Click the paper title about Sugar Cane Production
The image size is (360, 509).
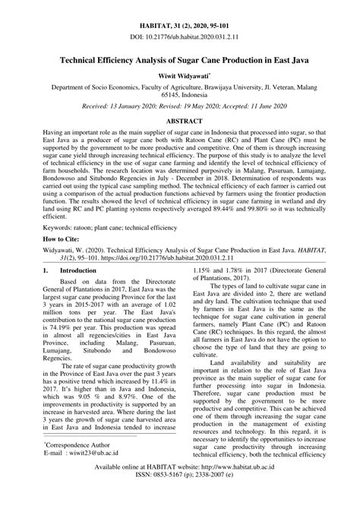[180, 58]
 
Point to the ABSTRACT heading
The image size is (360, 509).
[180, 121]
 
